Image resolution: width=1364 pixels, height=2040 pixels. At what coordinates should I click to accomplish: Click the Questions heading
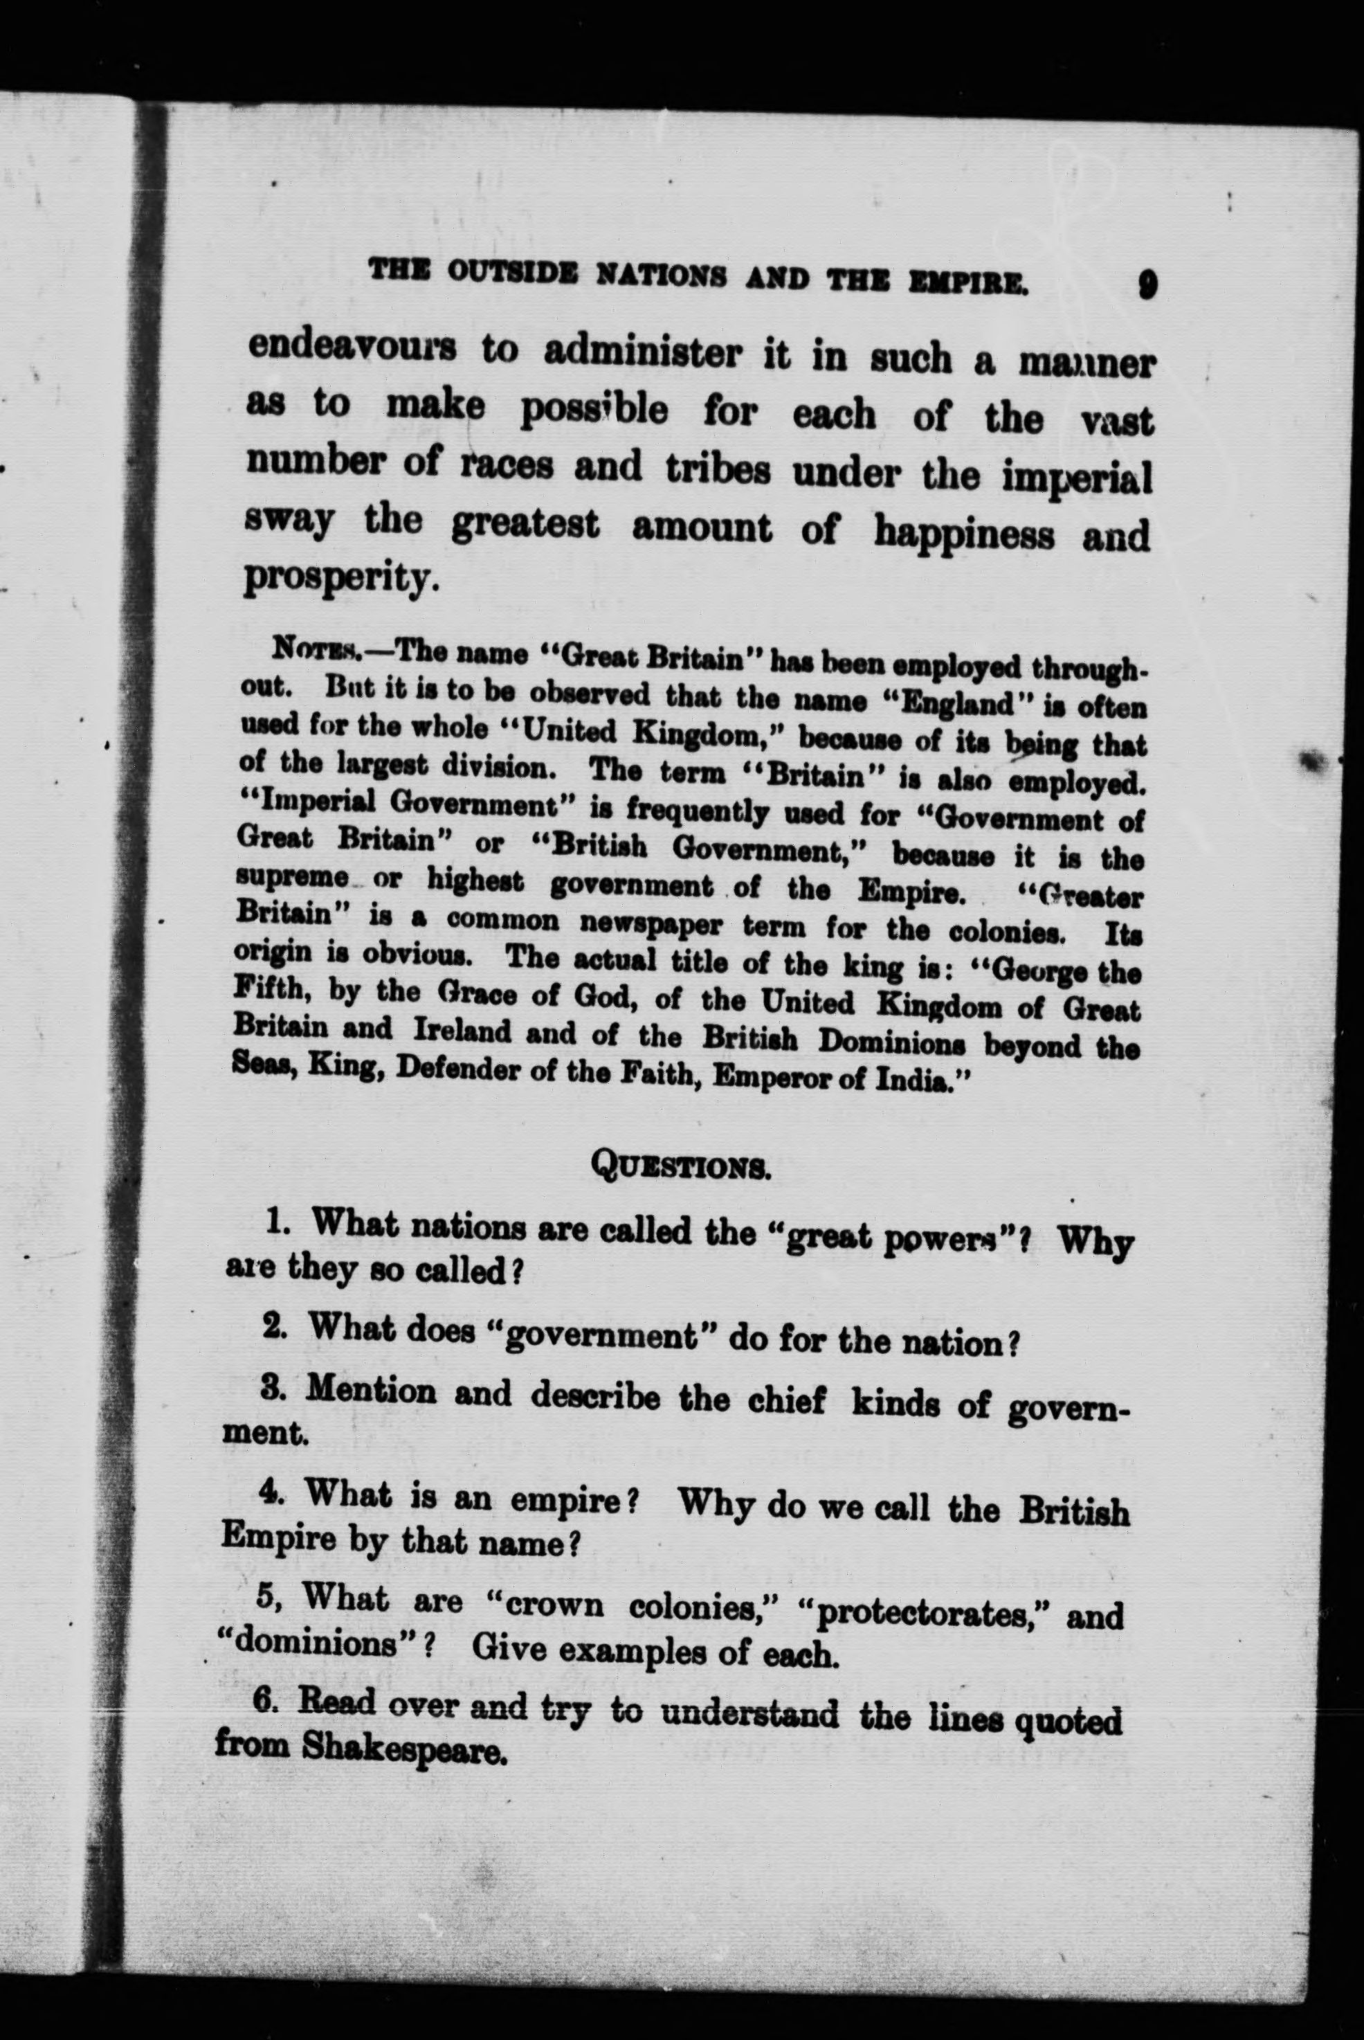coord(681,1163)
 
